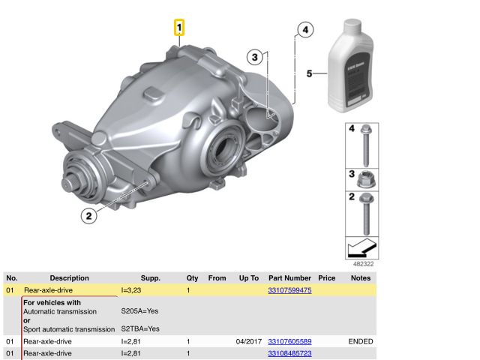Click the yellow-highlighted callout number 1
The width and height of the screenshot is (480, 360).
[x=179, y=28]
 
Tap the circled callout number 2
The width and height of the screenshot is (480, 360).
[x=88, y=216]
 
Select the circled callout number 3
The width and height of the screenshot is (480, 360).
[x=255, y=56]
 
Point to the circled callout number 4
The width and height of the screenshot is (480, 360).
[x=303, y=30]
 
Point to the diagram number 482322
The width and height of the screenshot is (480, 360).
[x=364, y=264]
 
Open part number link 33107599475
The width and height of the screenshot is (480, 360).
[x=289, y=289]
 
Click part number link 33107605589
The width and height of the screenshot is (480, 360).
[x=289, y=341]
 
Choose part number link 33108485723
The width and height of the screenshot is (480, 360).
[x=289, y=352]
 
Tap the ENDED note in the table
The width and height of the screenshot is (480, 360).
[x=361, y=341]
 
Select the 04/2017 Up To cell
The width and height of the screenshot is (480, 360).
[x=248, y=341]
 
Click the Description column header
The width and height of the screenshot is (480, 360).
[x=69, y=277]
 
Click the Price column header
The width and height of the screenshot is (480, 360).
[x=326, y=277]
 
